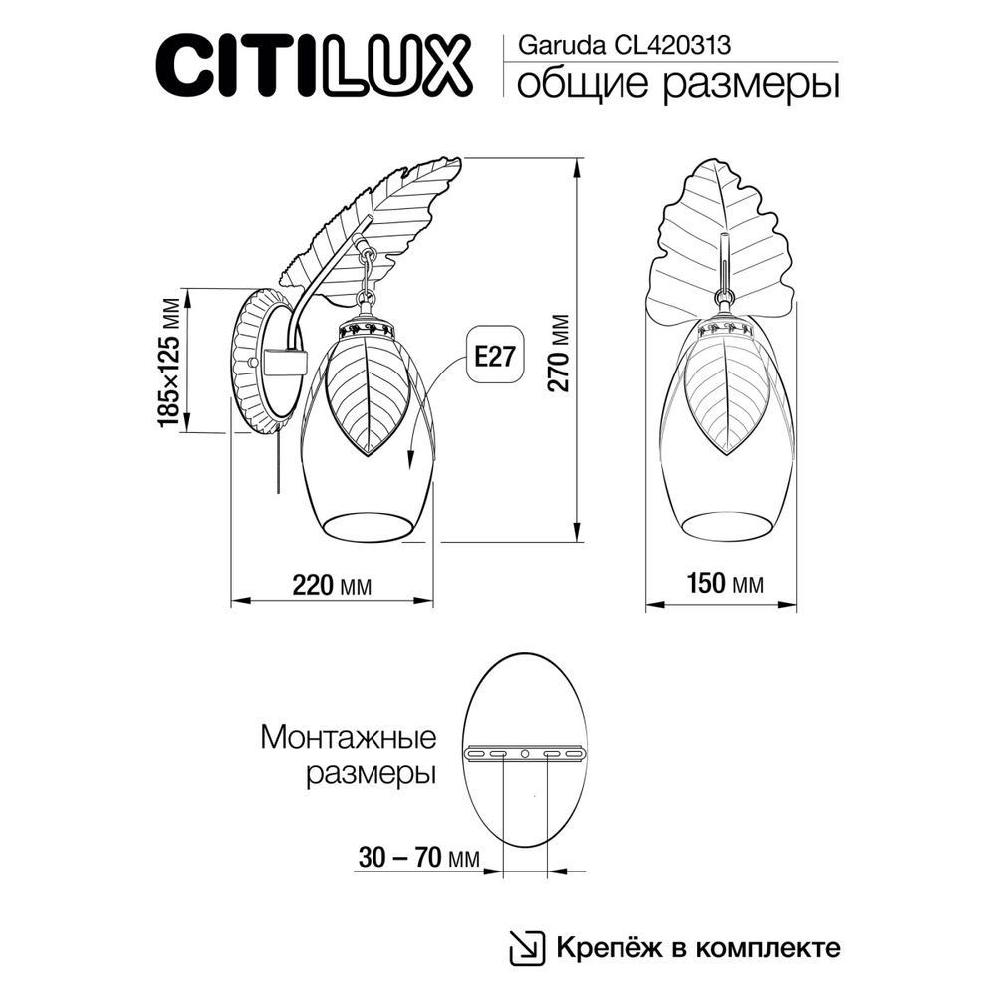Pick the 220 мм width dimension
[331, 586]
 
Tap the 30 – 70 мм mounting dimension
[417, 857]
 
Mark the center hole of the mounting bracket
[525, 753]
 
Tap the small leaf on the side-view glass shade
[366, 393]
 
